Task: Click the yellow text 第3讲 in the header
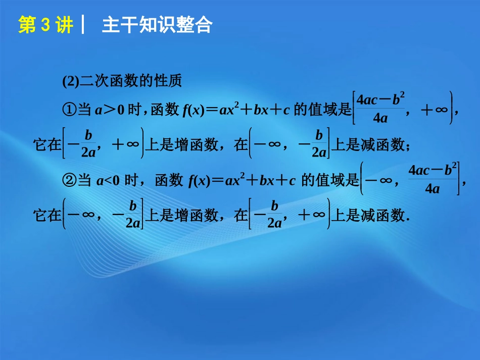point(45,25)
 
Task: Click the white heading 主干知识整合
point(157,25)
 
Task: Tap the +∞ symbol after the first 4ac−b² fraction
point(435,110)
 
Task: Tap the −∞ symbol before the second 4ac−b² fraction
point(379,180)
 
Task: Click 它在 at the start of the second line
point(46,145)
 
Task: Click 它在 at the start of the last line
point(46,216)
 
